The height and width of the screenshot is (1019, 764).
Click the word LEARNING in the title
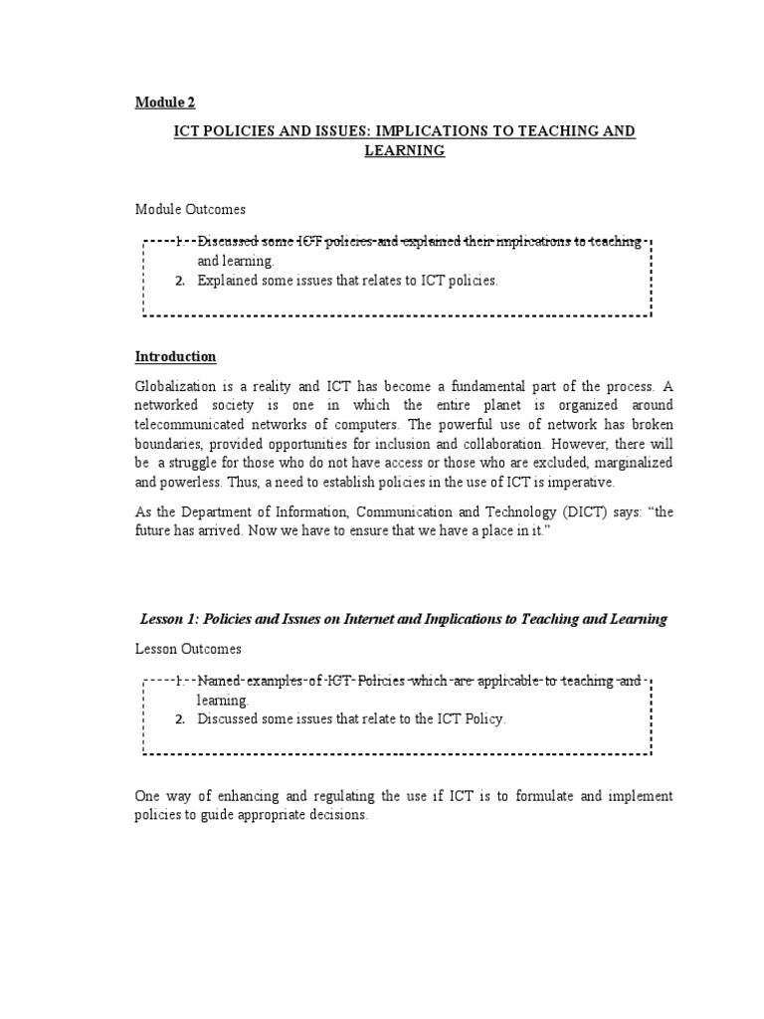click(404, 150)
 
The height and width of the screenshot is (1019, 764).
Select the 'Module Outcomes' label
click(190, 210)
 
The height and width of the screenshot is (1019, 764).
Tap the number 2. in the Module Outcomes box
click(180, 281)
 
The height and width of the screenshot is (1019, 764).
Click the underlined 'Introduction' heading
click(175, 356)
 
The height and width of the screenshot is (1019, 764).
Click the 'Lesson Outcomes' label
click(188, 648)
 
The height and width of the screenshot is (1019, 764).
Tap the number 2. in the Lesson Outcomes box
click(180, 718)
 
